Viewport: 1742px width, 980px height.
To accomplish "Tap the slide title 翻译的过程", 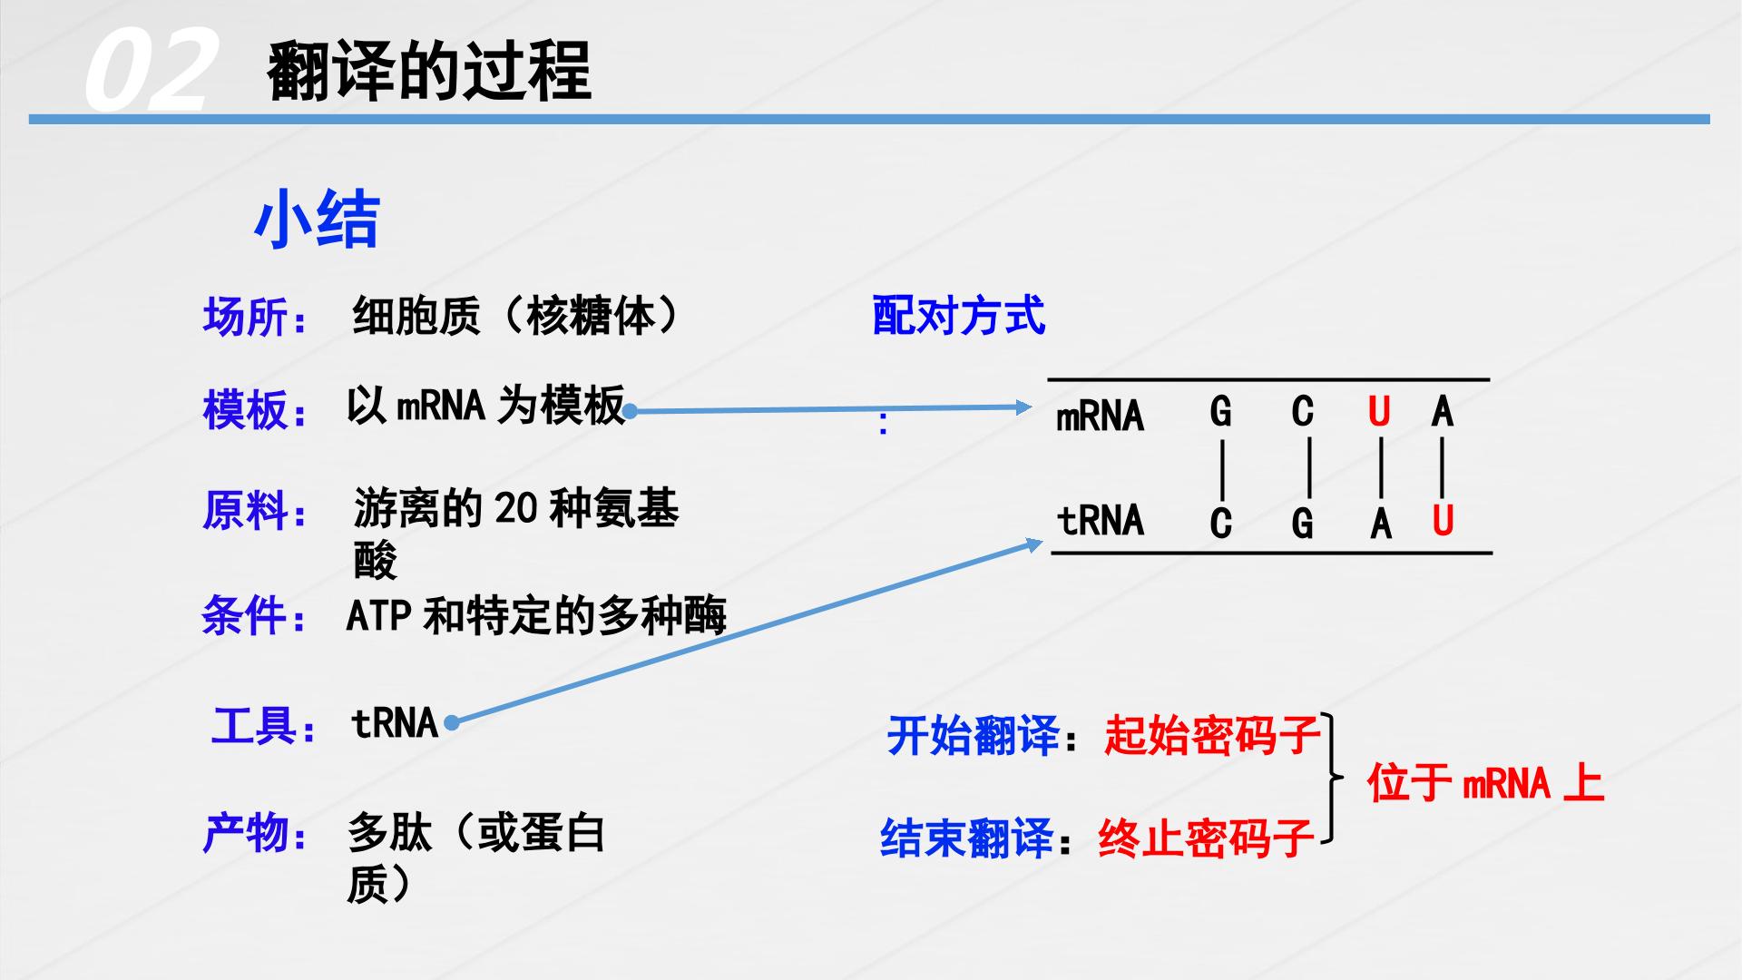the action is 429,71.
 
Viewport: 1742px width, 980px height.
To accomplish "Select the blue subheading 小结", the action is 316,220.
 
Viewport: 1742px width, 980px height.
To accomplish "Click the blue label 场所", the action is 245,318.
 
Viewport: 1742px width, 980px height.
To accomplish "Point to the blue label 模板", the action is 245,409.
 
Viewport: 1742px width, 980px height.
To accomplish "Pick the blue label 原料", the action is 245,511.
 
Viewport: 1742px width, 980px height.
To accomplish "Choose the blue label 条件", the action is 245,617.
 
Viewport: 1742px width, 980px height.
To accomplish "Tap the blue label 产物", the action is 245,833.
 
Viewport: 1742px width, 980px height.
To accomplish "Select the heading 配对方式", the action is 958,317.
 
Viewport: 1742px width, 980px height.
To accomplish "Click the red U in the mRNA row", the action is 1379,413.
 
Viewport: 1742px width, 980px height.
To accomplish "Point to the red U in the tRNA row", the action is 1443,521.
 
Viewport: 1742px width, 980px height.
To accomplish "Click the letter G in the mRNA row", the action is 1221,413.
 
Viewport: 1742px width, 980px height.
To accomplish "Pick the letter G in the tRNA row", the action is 1302,524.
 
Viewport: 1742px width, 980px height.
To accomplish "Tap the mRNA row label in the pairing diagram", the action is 1100,416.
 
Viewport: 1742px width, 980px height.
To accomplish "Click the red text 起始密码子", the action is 1212,735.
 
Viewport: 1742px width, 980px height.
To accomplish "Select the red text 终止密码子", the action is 1207,838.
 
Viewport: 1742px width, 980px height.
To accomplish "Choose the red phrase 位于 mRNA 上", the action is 1486,782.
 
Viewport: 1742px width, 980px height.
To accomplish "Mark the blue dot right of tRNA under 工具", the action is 452,723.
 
